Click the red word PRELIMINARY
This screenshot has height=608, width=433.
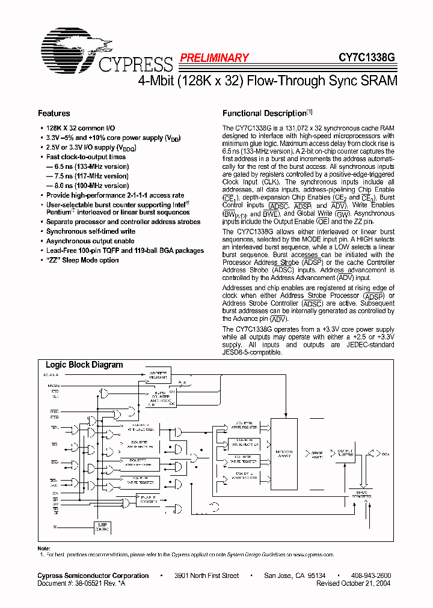[214, 58]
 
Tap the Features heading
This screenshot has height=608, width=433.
[54, 114]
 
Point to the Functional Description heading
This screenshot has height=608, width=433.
[265, 114]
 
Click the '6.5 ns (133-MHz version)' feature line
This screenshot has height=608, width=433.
[87, 166]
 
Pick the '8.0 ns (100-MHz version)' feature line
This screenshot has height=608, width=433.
[87, 186]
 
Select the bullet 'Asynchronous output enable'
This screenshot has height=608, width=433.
[90, 241]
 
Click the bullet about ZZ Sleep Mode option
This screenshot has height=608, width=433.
[82, 260]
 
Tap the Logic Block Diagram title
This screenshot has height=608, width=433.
[84, 365]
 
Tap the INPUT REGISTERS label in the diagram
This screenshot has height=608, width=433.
[361, 494]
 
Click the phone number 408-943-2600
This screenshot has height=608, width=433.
[371, 576]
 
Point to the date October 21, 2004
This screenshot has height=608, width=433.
[367, 583]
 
